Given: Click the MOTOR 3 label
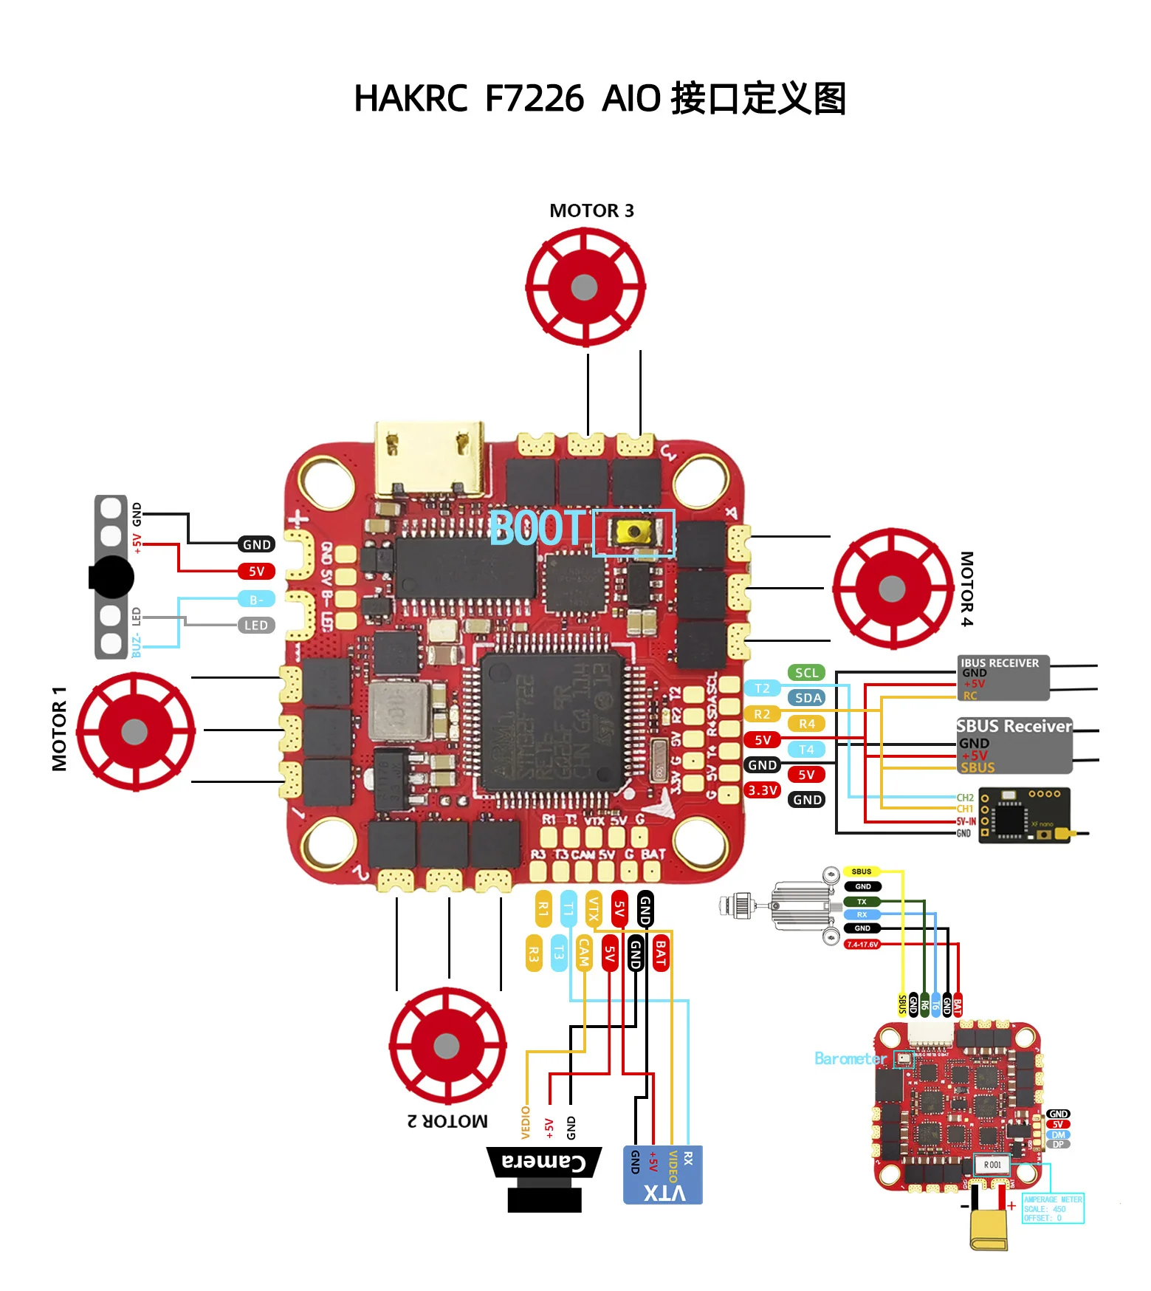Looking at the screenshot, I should pos(591,211).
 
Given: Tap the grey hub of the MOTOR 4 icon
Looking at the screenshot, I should pos(892,589).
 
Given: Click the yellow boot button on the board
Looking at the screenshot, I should pos(633,532).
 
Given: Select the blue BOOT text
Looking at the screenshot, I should pos(537,528).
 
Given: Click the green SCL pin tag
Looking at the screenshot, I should pos(806,673).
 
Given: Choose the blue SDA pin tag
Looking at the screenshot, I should pos(808,698).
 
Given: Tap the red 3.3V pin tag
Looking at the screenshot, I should pos(762,790).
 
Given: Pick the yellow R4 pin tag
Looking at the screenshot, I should pos(806,724).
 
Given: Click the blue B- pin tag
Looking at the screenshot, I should pos(256,600).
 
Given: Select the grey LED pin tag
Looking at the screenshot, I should pos(256,626).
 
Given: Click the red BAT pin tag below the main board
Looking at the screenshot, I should pos(661,953).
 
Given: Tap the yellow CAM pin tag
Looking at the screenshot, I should pos(584,953).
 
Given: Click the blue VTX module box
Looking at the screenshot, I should pos(662,1175).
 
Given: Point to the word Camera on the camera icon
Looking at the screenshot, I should pos(544,1162).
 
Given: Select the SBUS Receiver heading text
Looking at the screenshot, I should pos(1014,726).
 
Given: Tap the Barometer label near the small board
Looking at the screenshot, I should pos(850,1059).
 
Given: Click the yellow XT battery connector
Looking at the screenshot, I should pos(989,1229).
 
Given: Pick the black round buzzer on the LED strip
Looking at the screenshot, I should pos(112,577).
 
